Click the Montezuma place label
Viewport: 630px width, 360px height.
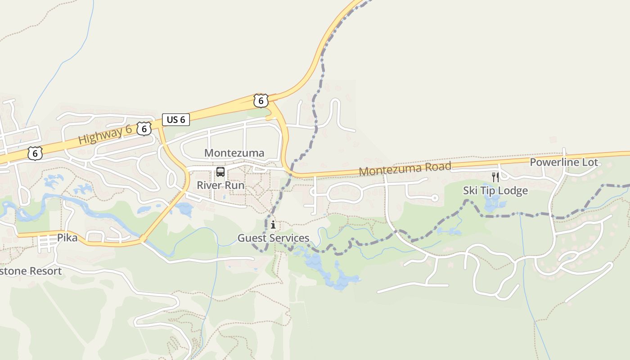click(234, 153)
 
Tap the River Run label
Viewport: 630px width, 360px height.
click(220, 185)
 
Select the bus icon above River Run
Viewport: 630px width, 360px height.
click(220, 171)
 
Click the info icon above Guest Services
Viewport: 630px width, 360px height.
click(273, 225)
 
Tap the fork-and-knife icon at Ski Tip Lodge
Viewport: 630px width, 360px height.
click(495, 177)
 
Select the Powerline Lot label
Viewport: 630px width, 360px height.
click(564, 162)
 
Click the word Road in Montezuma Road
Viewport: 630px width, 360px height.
click(436, 167)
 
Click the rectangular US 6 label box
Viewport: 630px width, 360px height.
click(176, 120)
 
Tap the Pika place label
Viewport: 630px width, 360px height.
click(67, 238)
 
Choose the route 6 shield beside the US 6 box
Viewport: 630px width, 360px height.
click(144, 129)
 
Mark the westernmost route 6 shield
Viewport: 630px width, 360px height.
click(35, 153)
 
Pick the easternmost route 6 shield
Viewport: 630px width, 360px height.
click(261, 101)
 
